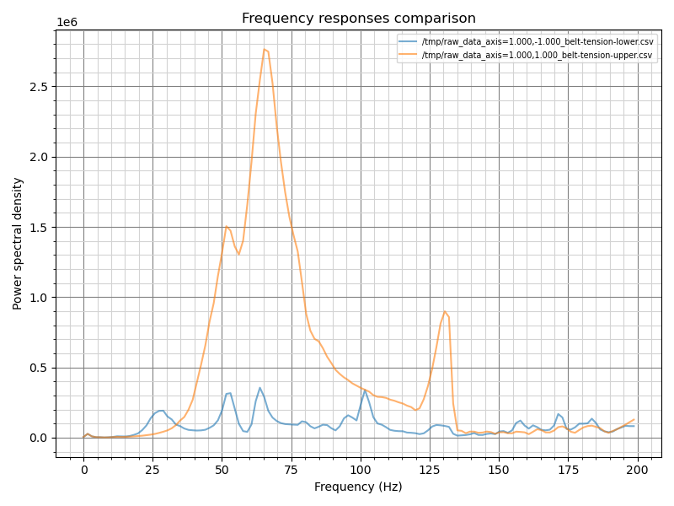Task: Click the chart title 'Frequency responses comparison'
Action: pos(358,19)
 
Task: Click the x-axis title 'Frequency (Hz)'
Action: pos(358,487)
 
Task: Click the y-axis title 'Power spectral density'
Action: pos(18,243)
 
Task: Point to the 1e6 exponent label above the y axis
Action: pos(67,23)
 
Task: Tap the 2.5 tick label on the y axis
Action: pos(37,87)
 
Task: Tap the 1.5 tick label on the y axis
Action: pos(37,228)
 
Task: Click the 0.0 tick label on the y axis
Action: pos(37,438)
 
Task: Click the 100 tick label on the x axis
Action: pos(361,469)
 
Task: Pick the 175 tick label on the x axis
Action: pos(568,469)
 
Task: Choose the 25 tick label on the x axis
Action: pos(153,469)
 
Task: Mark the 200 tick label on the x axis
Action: pos(637,469)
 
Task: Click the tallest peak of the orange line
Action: pos(264,49)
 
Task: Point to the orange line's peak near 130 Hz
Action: pos(445,311)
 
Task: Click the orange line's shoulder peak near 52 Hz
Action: pos(227,225)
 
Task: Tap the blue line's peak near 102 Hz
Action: pos(366,390)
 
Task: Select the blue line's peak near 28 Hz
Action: pos(160,411)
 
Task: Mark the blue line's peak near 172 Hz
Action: pos(559,414)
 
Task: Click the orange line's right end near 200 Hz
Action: pos(634,419)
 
